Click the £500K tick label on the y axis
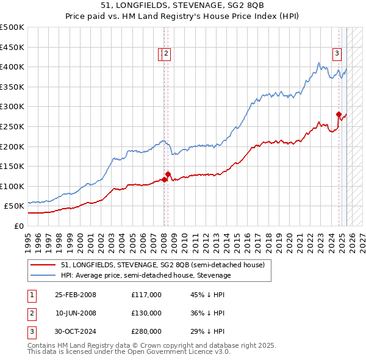(x=12, y=27)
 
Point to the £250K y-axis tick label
(x=12, y=126)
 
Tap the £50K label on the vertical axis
(x=15, y=206)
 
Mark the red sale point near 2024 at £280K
(x=339, y=114)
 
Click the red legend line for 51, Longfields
(x=44, y=265)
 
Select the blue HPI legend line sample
(x=44, y=275)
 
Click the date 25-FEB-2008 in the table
(x=76, y=295)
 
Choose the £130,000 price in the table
(x=146, y=313)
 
